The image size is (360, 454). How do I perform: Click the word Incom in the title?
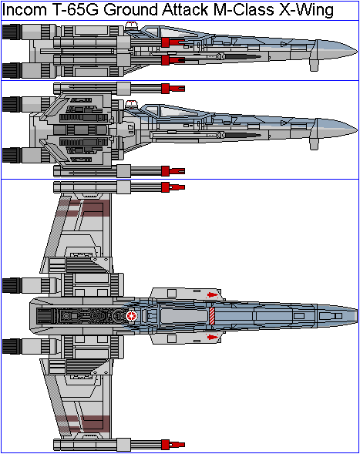pyautogui.click(x=24, y=9)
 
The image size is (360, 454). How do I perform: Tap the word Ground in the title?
pyautogui.click(x=131, y=9)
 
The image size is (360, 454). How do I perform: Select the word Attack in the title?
pyautogui.click(x=185, y=9)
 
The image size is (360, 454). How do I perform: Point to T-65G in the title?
pyautogui.click(x=76, y=9)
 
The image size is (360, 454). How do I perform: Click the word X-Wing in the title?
pyautogui.click(x=306, y=11)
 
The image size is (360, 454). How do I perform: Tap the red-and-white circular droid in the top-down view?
pyautogui.click(x=132, y=316)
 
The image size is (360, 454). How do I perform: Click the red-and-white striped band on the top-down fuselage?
pyautogui.click(x=212, y=316)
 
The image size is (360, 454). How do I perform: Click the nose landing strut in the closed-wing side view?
pyautogui.click(x=315, y=64)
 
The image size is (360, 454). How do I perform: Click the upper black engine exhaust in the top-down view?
pyautogui.click(x=12, y=285)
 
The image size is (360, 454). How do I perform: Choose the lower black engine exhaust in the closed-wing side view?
pyautogui.click(x=12, y=70)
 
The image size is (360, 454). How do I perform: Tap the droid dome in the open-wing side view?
pyautogui.click(x=131, y=104)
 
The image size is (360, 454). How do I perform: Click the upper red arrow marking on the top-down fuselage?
pyautogui.click(x=212, y=295)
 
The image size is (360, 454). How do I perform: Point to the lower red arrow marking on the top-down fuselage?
pyautogui.click(x=212, y=337)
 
